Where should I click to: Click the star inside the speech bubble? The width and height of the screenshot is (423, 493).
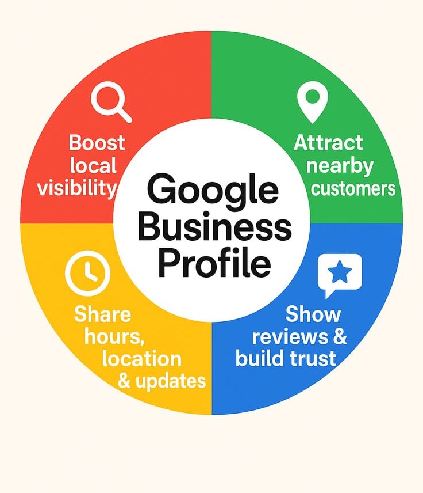coord(340,272)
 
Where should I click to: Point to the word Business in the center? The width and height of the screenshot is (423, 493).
coord(214,228)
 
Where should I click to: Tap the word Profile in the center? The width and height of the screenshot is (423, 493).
coord(214,264)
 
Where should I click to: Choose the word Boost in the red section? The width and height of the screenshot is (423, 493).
coord(97,142)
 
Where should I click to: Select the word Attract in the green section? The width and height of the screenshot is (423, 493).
coord(328,142)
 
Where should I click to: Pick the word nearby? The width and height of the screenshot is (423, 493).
coord(339,166)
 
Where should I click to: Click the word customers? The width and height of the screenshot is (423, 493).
coord(353,188)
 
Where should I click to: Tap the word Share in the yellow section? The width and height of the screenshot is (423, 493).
coord(102,314)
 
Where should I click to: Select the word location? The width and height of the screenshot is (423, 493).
coord(141,359)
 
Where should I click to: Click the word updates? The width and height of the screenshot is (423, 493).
coord(170,381)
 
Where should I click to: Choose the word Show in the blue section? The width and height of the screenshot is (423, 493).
coord(313,314)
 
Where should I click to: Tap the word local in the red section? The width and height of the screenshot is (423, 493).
coord(93,165)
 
